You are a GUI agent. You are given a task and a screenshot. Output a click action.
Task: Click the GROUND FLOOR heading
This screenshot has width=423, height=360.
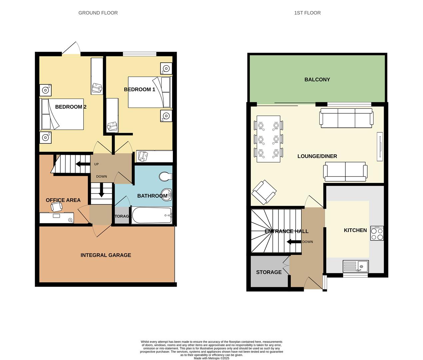98,13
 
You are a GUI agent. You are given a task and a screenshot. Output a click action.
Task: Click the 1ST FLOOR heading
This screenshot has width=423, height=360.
307,13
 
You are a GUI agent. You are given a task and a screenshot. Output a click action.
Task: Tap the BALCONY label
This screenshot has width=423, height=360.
317,79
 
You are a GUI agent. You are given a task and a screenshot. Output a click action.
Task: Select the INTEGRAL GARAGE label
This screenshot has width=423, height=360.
106,255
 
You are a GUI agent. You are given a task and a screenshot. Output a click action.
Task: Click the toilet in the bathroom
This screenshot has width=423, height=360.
165,176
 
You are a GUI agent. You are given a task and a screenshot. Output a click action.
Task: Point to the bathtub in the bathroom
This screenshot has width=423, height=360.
152,215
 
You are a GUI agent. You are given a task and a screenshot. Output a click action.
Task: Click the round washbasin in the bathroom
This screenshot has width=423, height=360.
166,195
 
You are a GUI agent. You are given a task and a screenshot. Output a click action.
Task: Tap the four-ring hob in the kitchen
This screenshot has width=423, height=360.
377,233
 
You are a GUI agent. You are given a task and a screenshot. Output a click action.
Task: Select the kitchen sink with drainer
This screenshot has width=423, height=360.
356,266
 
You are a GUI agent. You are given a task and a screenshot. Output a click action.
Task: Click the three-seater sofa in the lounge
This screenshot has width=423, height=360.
346,118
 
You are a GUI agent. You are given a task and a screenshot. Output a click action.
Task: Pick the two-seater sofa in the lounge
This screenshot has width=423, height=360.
345,171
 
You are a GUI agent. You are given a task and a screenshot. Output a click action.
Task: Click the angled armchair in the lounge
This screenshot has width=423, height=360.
264,192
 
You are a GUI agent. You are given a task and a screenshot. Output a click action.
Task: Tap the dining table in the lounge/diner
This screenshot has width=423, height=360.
268,139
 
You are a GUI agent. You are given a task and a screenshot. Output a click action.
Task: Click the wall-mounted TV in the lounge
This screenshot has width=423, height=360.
380,147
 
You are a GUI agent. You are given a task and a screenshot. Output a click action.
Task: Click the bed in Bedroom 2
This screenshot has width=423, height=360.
62,114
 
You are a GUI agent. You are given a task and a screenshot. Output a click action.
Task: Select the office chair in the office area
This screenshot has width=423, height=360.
56,207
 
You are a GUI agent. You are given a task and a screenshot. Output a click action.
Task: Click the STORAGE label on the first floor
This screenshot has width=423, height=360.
269,272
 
